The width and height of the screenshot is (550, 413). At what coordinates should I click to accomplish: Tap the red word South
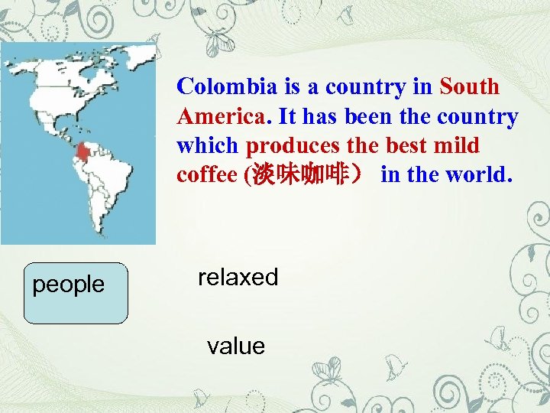point(469,86)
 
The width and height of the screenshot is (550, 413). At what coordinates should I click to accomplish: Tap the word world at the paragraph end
point(483,174)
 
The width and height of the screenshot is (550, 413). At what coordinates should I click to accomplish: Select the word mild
point(458,145)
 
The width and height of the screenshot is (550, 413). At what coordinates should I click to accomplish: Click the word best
point(410,145)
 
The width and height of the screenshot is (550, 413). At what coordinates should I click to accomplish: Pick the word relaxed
point(238,277)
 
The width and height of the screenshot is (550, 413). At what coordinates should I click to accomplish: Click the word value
point(235,346)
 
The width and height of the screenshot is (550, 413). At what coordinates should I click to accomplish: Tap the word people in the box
point(68,285)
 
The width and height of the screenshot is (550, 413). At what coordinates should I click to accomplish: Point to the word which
point(208,145)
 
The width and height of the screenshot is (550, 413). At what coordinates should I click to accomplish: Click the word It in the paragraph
point(288,116)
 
